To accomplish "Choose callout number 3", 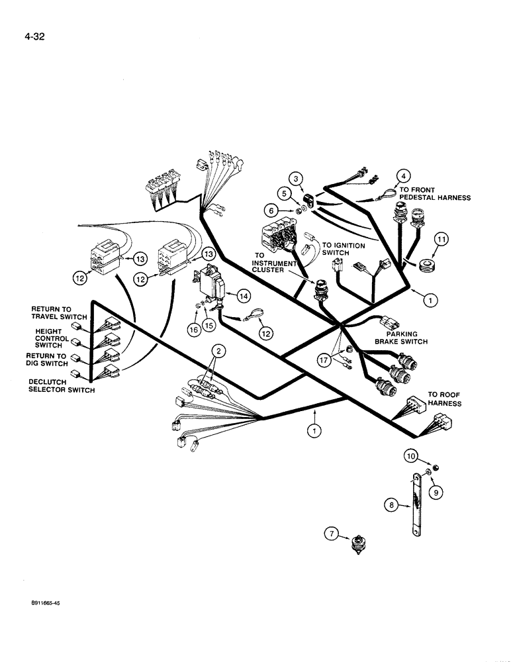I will coord(297,178).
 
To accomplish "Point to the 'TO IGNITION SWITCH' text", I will coord(343,250).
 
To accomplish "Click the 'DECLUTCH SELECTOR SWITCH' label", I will coord(62,386).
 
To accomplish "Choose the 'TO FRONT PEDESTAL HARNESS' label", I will coord(434,193).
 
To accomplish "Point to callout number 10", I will coord(410,457).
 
